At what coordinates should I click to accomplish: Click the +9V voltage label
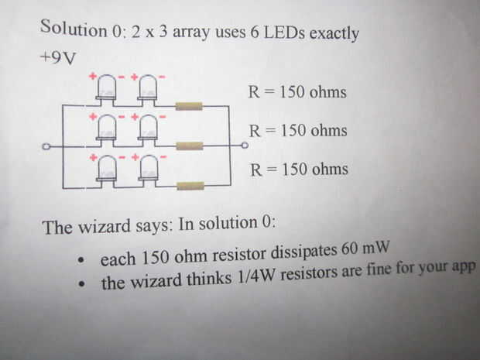[x=57, y=59]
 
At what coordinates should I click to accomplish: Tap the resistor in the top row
[x=189, y=105]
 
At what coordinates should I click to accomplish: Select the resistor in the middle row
[x=189, y=145]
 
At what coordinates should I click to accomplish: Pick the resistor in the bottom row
[x=190, y=185]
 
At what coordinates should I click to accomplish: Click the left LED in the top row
[x=107, y=87]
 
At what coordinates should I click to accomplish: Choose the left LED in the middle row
[x=107, y=127]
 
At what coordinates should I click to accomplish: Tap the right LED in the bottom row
[x=148, y=167]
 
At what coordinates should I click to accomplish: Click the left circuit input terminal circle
[x=46, y=146]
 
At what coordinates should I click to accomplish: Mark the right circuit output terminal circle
[x=245, y=145]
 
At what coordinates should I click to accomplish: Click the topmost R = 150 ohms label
[x=297, y=93]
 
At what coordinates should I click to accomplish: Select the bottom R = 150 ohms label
[x=299, y=170]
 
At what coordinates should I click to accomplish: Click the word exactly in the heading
[x=336, y=36]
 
